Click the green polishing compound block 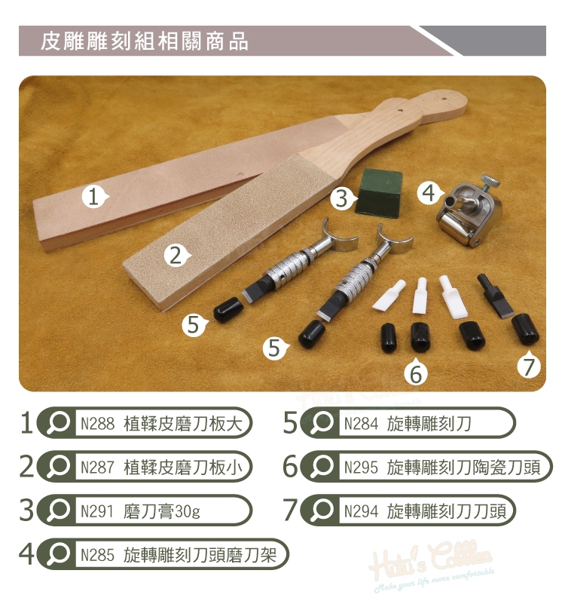[x=380, y=191]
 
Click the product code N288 [x=97, y=424]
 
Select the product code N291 [x=97, y=511]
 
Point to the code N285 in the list [x=97, y=555]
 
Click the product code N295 [x=361, y=468]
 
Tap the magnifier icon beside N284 [x=321, y=423]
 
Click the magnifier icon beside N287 [x=57, y=467]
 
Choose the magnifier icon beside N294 [x=321, y=511]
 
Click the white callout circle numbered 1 [x=93, y=198]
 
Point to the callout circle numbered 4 [x=429, y=192]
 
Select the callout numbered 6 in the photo [x=416, y=371]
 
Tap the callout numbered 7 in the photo [x=529, y=364]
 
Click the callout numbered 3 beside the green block [x=342, y=198]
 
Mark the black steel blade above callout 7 [x=496, y=296]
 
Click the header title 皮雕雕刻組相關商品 [x=145, y=41]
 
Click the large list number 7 [x=290, y=511]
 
